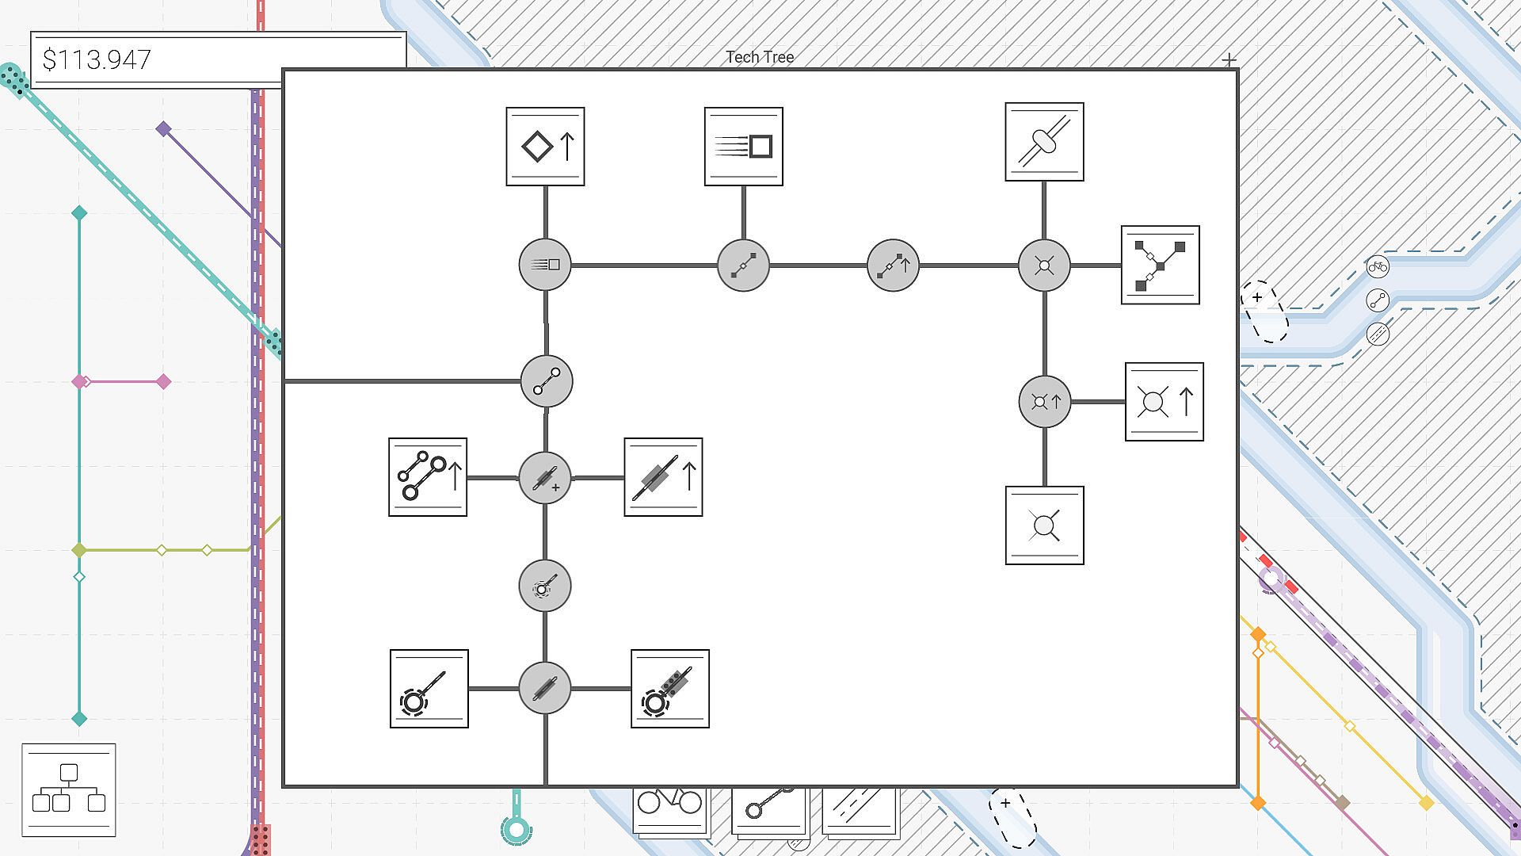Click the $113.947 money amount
point(97,60)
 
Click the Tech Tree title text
point(760,57)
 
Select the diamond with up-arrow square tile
point(545,147)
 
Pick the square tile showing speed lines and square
point(743,147)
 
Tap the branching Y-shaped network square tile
point(1160,265)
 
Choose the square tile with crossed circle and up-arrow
point(1164,402)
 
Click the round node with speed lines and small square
point(545,265)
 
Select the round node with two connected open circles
point(547,381)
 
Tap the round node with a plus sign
point(545,478)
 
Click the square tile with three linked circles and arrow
point(428,477)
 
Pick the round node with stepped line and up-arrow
point(893,265)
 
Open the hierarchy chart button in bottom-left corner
point(69,789)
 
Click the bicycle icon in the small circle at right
point(1378,267)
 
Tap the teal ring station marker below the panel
point(517,830)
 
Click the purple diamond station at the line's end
point(163,128)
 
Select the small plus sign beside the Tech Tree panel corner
point(1229,59)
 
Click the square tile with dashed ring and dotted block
point(669,689)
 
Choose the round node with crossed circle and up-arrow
point(1044,402)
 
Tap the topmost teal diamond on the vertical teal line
point(79,212)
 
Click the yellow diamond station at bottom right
point(1426,804)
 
